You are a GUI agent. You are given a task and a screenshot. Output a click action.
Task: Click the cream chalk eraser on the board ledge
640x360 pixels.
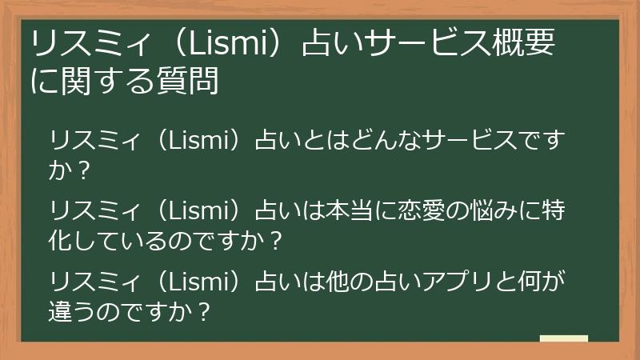pos(563,339)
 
